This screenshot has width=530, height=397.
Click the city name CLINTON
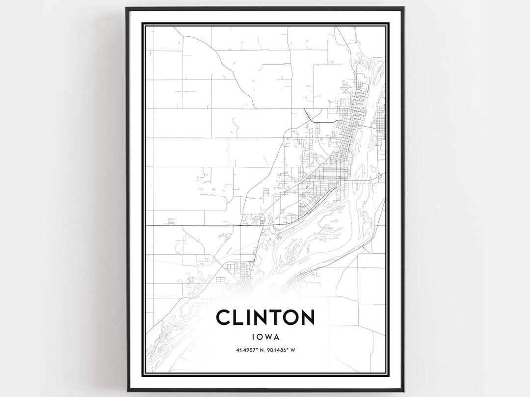265,318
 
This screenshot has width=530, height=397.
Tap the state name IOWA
265,337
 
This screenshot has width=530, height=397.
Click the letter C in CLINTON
223,318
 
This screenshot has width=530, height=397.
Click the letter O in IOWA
259,337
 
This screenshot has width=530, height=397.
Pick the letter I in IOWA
253,337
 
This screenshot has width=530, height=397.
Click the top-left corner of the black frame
127,8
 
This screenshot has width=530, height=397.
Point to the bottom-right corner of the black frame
403,391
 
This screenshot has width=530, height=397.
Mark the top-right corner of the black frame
403,8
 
